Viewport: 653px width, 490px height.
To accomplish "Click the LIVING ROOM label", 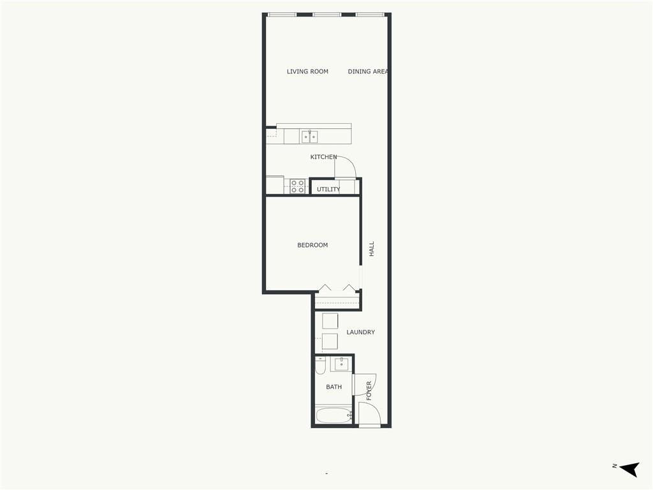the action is [307, 71].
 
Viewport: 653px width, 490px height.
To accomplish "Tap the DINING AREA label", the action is [368, 71].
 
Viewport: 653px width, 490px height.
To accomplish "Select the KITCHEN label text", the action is [323, 157].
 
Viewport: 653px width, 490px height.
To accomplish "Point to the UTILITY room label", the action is [328, 189].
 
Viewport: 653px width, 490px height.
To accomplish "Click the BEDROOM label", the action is [312, 245].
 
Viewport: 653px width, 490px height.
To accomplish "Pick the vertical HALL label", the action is [372, 249].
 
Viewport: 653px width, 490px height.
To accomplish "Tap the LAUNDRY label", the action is [361, 332].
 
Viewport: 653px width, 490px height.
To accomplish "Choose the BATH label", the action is [334, 387].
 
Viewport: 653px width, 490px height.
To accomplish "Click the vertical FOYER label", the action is [369, 391].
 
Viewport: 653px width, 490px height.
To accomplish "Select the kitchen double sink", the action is [309, 137].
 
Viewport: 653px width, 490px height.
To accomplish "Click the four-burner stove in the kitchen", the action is [297, 186].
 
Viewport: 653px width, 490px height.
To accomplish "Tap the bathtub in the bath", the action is [334, 415].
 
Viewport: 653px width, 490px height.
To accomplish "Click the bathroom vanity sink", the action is [342, 364].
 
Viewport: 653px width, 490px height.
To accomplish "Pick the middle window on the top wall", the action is [327, 15].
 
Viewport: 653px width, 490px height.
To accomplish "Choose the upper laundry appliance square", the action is [330, 321].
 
